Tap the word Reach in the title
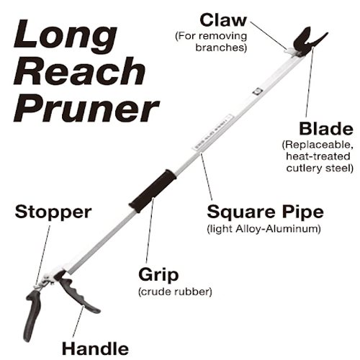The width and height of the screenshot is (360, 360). tap(79, 71)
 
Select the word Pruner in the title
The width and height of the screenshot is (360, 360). tap(86, 109)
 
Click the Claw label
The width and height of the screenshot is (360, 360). tap(223, 20)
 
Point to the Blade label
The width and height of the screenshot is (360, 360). tap(326, 129)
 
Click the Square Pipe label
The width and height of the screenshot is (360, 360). tap(265, 212)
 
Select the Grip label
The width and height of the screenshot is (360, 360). tap(158, 275)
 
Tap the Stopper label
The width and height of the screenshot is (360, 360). tap(53, 212)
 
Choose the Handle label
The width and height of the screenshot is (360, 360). tap(95, 348)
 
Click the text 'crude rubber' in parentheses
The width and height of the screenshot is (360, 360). tap(175, 292)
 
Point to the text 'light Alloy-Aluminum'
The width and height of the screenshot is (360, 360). tap(264, 229)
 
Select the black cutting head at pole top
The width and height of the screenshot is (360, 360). tap(309, 42)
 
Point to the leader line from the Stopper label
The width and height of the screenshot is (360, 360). tap(43, 255)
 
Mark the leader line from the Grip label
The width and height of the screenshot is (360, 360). tap(149, 230)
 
